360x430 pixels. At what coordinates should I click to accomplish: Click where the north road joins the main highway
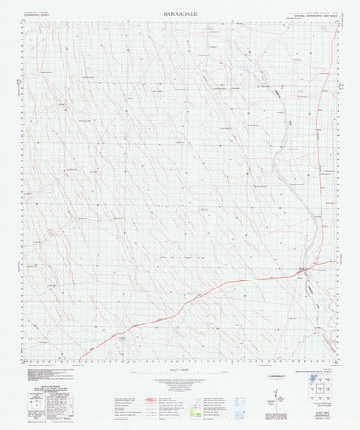(x=304, y=269)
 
